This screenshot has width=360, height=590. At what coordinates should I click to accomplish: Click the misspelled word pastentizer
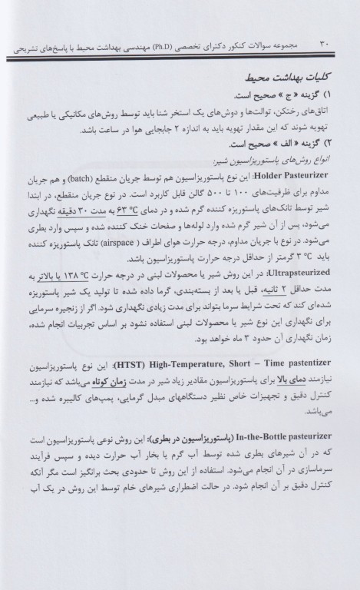pos(39,403)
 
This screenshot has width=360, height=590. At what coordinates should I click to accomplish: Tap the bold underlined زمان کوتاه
pos(101,419)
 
